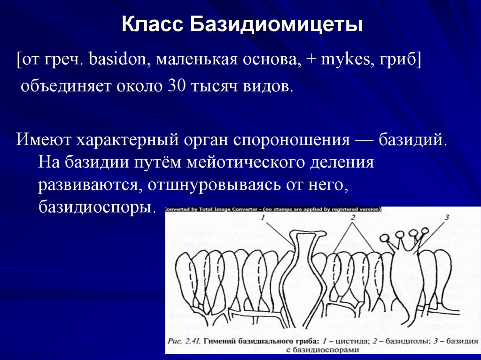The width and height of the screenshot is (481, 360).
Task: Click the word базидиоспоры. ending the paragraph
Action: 97,207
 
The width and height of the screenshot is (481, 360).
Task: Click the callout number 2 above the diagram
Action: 352,217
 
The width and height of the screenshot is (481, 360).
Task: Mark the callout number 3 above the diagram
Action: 447,216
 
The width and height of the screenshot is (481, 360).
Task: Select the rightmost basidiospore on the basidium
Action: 424,231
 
